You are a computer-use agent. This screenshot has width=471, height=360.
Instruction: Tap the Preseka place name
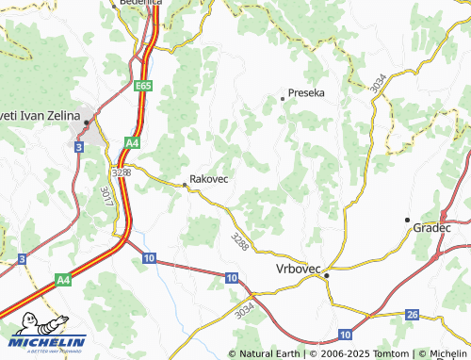(x=306, y=94)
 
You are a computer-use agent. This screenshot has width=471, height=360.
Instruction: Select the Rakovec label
(x=209, y=177)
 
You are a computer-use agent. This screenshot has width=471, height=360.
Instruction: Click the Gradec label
(x=431, y=228)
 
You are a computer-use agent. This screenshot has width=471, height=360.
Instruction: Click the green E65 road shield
(x=142, y=86)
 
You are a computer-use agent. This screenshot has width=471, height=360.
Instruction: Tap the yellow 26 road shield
(x=412, y=314)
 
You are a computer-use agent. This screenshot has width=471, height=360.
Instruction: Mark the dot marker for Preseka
(x=282, y=97)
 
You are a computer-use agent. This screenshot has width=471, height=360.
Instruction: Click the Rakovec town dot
(x=183, y=186)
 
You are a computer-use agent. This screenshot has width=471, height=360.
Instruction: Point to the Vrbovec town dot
(x=326, y=276)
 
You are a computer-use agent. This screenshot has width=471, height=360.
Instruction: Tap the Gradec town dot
(x=407, y=219)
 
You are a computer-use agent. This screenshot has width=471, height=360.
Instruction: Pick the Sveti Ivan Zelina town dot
(x=87, y=123)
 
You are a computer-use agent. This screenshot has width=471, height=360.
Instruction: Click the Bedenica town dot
(x=114, y=5)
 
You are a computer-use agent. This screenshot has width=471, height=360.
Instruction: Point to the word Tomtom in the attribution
(x=386, y=353)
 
